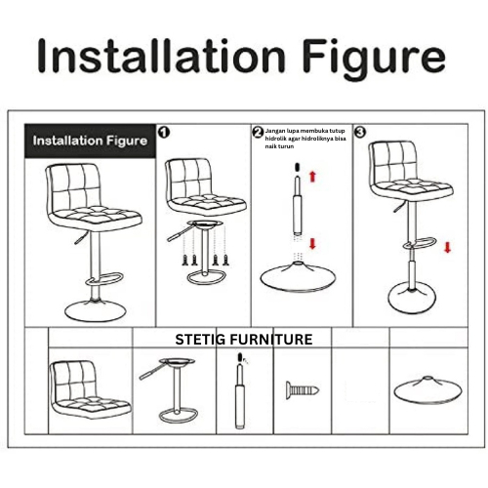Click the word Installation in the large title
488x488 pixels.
(161, 56)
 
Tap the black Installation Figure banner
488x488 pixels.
(90, 141)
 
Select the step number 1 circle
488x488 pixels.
(164, 132)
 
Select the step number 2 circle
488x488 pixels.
(258, 133)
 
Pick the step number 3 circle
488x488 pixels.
(360, 132)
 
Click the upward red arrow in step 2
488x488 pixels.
(313, 177)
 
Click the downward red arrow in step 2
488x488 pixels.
(313, 244)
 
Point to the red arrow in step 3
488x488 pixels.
(448, 247)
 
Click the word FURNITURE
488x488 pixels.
(269, 340)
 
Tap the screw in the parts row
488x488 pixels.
(303, 390)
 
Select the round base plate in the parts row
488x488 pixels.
(427, 390)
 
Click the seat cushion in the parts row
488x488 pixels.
(90, 390)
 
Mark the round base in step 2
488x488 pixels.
(298, 276)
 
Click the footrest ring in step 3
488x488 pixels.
(420, 244)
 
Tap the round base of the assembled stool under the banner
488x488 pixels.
(96, 310)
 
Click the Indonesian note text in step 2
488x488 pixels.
(305, 139)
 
